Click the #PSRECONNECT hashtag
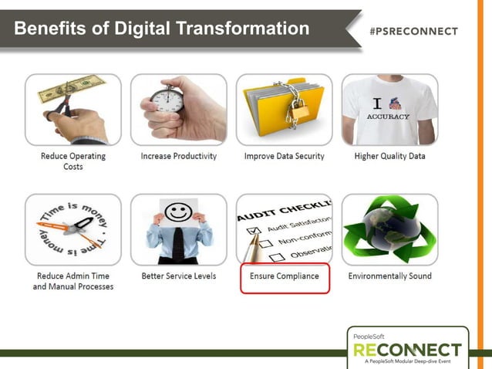pyautogui.click(x=413, y=32)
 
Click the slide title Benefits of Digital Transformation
pyautogui.click(x=161, y=29)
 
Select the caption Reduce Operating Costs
pyautogui.click(x=73, y=161)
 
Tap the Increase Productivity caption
pyautogui.click(x=179, y=156)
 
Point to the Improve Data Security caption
pyautogui.click(x=285, y=156)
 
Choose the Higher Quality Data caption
pyautogui.click(x=389, y=156)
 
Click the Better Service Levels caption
pyautogui.click(x=179, y=276)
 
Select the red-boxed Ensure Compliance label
pyautogui.click(x=285, y=276)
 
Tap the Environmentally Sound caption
pyautogui.click(x=389, y=276)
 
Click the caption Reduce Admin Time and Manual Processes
pyautogui.click(x=73, y=281)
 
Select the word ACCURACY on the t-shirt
pyautogui.click(x=388, y=117)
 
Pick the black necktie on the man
pyautogui.click(x=179, y=245)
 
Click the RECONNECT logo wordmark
pyautogui.click(x=407, y=350)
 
